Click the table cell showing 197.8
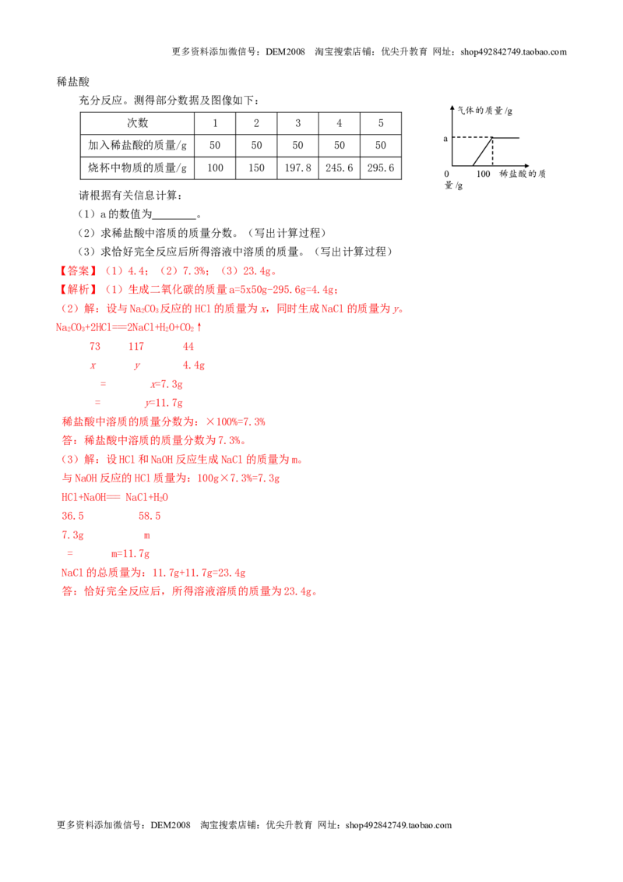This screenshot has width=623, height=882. pos(297,168)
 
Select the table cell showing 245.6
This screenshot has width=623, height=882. pos(339,168)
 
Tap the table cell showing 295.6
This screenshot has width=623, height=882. pos(381,168)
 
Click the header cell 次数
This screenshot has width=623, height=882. pos(137,123)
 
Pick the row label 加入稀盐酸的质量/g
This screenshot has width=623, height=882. pos(137,145)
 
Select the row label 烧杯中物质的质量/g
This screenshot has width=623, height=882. pos(137,168)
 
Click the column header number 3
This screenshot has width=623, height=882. pos(297,123)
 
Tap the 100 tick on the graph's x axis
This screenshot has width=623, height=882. pos(483,174)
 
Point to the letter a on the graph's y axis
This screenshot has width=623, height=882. pos(445,139)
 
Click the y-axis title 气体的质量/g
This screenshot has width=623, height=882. pos(484,111)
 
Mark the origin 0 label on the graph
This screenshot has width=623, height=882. pos(446,174)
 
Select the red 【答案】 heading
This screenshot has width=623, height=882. pos(78,271)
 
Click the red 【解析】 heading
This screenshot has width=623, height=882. pos(78,290)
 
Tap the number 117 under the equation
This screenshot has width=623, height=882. pos(136,347)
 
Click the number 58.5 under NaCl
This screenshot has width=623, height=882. pos(150,516)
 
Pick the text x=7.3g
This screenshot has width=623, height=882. pos(167,384)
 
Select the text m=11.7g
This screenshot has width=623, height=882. pos(131,553)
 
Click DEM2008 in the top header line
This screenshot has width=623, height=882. pos(285,51)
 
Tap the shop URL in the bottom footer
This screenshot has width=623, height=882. pos(399,825)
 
